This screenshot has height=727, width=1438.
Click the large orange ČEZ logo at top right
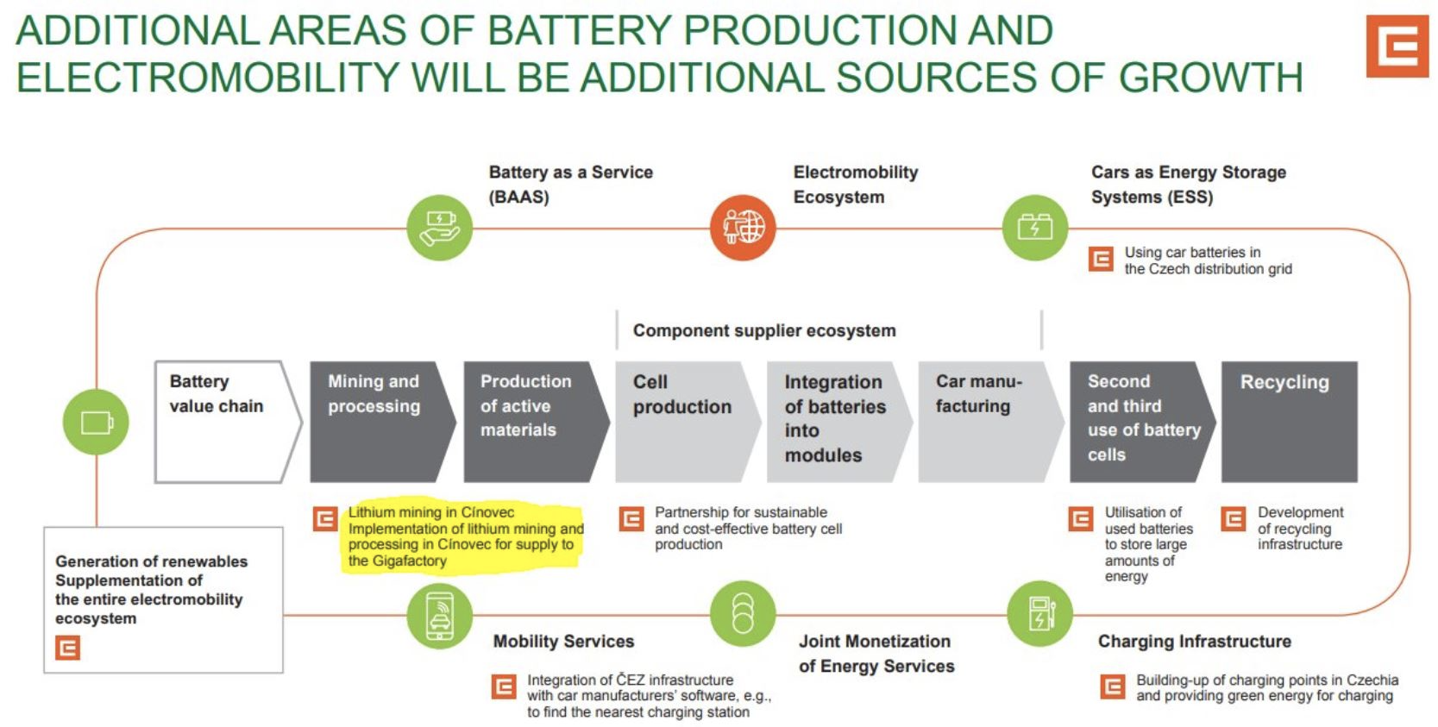click(1397, 47)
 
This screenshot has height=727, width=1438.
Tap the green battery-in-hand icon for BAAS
click(440, 228)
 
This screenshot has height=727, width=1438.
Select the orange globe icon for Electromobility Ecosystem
click(743, 228)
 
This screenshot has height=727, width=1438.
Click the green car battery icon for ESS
click(1035, 228)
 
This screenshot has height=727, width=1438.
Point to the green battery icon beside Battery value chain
click(96, 423)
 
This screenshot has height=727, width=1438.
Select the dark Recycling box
click(1289, 422)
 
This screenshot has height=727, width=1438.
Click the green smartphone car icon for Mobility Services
click(440, 616)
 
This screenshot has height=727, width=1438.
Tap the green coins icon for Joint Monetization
click(743, 613)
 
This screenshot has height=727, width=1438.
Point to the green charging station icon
click(1040, 613)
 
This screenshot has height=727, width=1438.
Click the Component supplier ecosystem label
click(764, 330)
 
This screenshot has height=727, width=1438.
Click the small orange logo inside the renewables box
click(67, 648)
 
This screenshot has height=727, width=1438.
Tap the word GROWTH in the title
click(1211, 78)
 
